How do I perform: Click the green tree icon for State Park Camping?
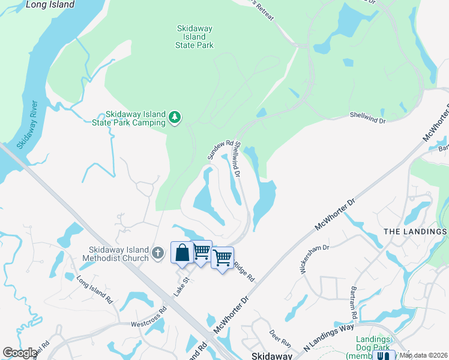click(x=175, y=117)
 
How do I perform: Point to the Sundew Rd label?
click(x=220, y=150)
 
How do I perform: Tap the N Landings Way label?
click(x=328, y=340)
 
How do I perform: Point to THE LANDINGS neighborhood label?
click(x=415, y=232)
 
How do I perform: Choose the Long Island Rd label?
click(x=95, y=287)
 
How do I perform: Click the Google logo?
click(x=20, y=353)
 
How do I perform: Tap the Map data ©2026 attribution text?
click(x=424, y=355)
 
